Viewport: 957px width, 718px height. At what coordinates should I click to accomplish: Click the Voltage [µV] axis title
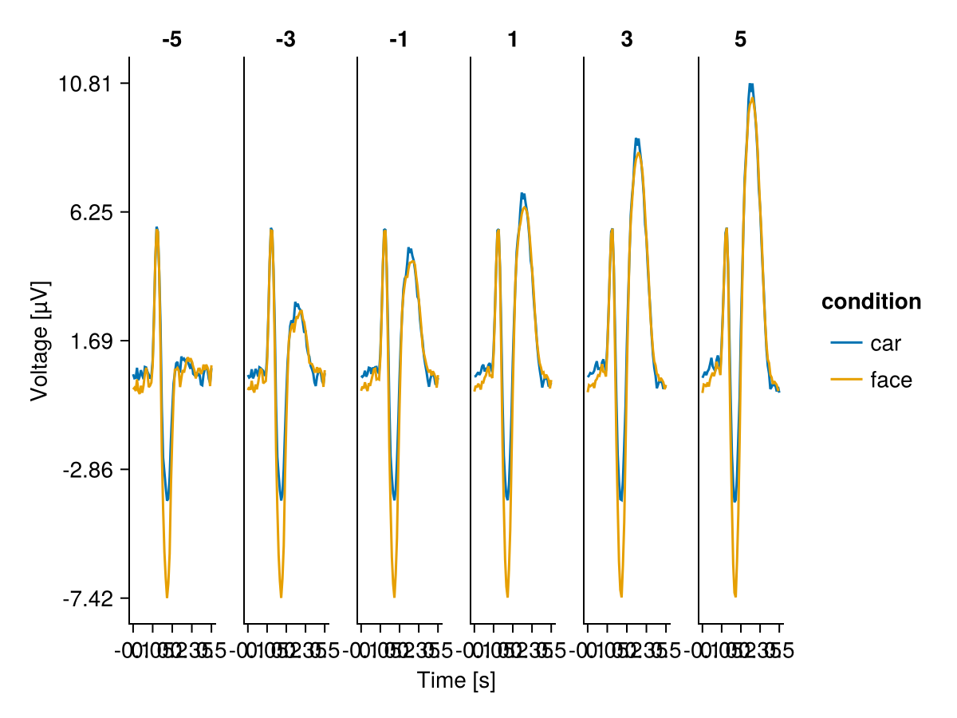39,341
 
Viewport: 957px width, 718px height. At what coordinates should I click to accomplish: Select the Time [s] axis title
456,681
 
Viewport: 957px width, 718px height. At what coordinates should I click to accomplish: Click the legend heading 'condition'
871,302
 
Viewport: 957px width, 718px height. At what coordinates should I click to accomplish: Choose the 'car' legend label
885,343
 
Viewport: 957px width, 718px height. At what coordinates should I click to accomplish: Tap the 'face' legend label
891,380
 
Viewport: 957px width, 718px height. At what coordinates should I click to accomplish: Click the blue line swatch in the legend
846,343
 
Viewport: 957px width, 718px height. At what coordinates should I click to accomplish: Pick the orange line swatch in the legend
846,380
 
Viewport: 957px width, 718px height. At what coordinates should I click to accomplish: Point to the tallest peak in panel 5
750,85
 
